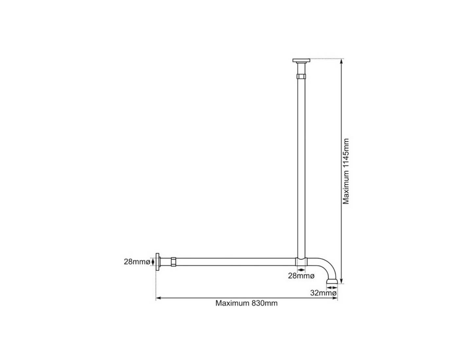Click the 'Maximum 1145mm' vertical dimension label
click(346, 171)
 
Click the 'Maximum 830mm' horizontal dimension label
click(246, 303)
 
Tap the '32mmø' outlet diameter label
click(323, 293)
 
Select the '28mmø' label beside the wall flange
click(137, 262)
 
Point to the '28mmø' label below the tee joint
click(301, 276)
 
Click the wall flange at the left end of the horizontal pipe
click(158, 262)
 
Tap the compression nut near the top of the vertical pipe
click(301, 77)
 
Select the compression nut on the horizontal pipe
click(173, 262)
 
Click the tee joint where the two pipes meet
click(301, 262)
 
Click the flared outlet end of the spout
click(332, 282)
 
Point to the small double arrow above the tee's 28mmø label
click(301, 270)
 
